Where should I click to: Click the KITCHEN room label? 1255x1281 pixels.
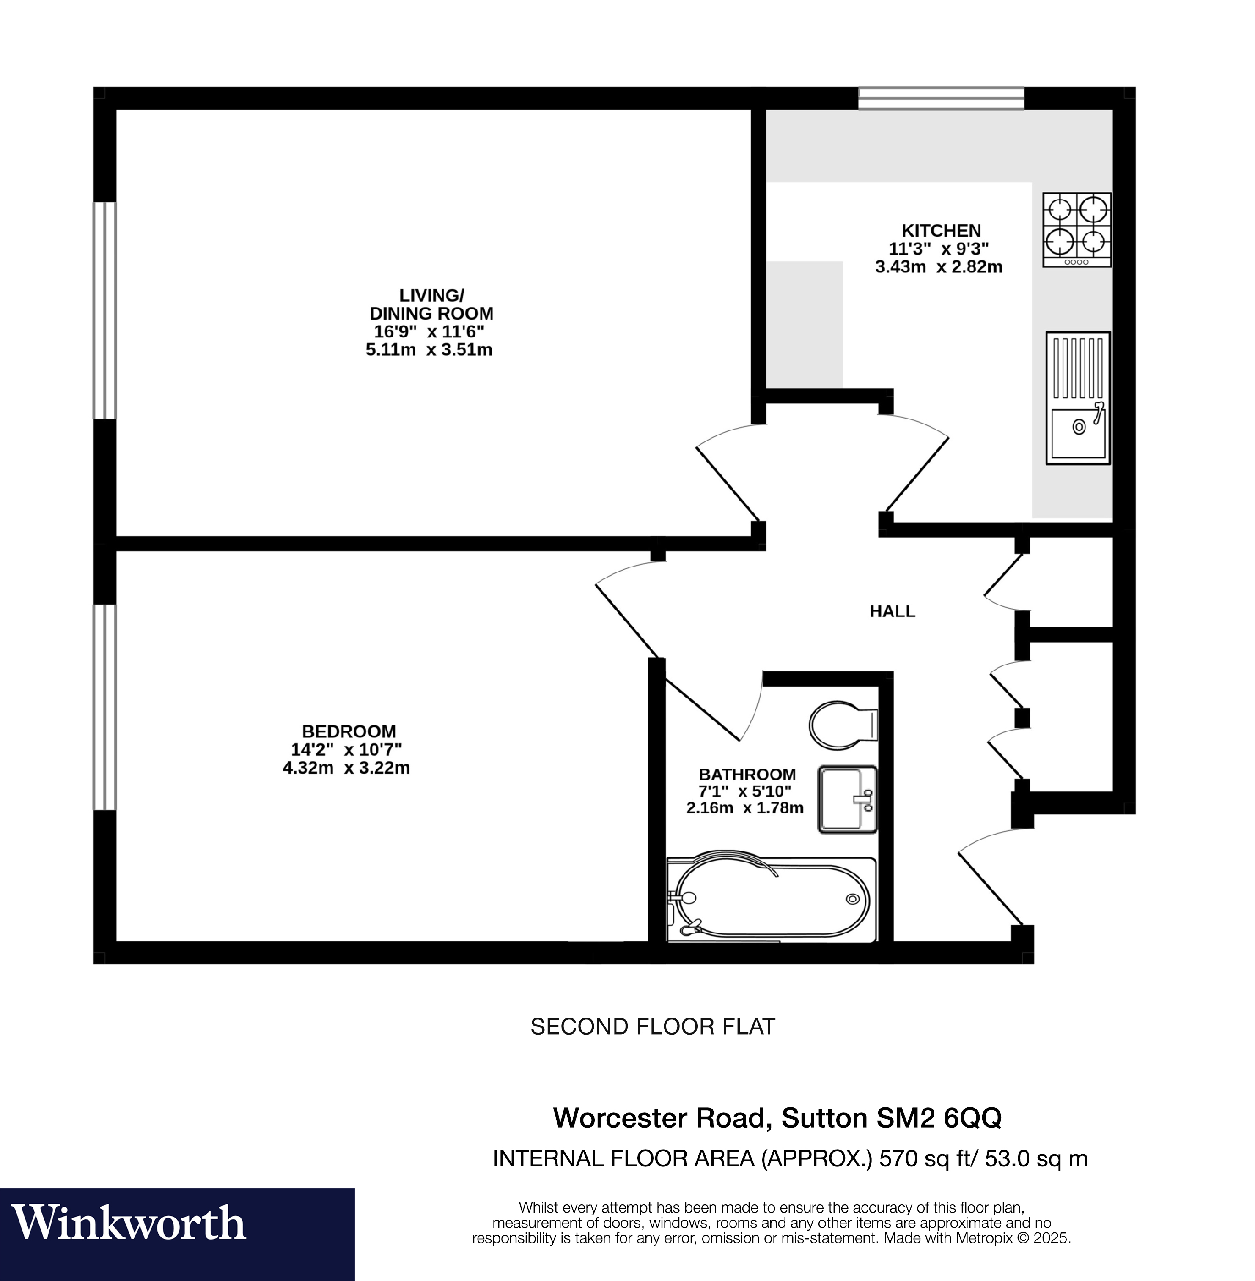click(x=941, y=231)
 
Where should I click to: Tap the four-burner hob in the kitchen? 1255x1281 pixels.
click(x=1076, y=229)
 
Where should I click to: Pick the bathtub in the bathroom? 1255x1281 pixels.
click(x=771, y=900)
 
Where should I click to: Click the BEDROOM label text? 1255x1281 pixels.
click(x=349, y=731)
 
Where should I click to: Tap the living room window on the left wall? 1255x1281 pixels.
click(x=104, y=310)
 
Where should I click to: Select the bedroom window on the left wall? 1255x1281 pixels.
click(x=104, y=707)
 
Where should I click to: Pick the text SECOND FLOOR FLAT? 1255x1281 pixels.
click(x=653, y=1026)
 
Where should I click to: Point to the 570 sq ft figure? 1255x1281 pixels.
click(x=925, y=1158)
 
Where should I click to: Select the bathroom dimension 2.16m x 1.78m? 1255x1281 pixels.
click(x=745, y=808)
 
